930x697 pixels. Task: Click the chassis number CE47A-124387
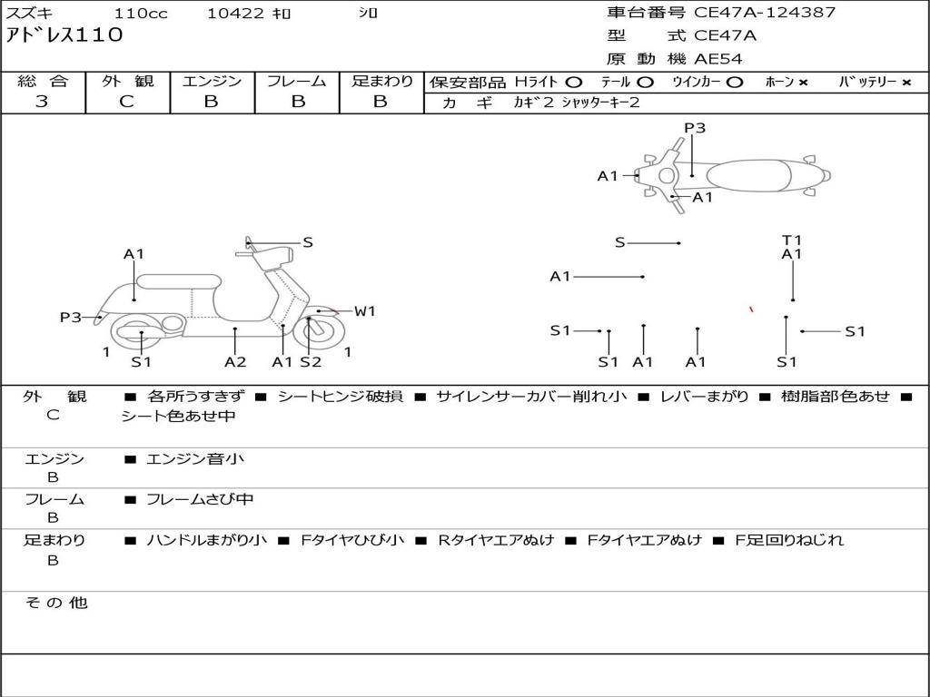[765, 13]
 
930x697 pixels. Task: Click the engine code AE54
[717, 59]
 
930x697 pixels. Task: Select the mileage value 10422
[235, 14]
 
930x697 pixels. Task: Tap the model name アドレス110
[64, 35]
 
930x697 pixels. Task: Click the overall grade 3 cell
[42, 102]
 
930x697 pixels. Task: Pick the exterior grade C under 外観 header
[127, 102]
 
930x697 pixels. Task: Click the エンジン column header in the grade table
[212, 81]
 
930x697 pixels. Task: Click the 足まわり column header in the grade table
[381, 81]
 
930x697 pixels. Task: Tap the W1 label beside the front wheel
[364, 311]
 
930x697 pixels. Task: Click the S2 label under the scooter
[311, 362]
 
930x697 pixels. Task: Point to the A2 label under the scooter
[235, 362]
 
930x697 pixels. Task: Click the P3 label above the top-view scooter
[695, 128]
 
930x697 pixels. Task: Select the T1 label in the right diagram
[792, 241]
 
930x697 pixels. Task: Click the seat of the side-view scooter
[179, 281]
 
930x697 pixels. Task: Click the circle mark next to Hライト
[574, 82]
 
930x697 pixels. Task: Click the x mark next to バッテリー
[905, 83]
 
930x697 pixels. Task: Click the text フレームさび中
[200, 499]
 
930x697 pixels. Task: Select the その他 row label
[55, 603]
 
